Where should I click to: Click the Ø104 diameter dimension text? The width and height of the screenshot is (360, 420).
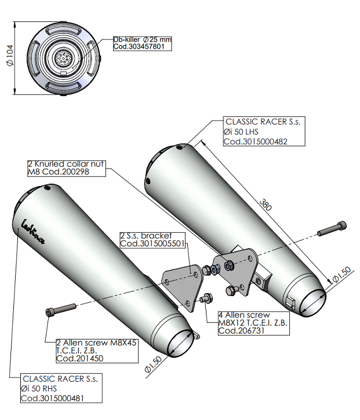[9, 57]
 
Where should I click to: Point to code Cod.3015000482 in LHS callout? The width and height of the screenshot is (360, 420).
[256, 141]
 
